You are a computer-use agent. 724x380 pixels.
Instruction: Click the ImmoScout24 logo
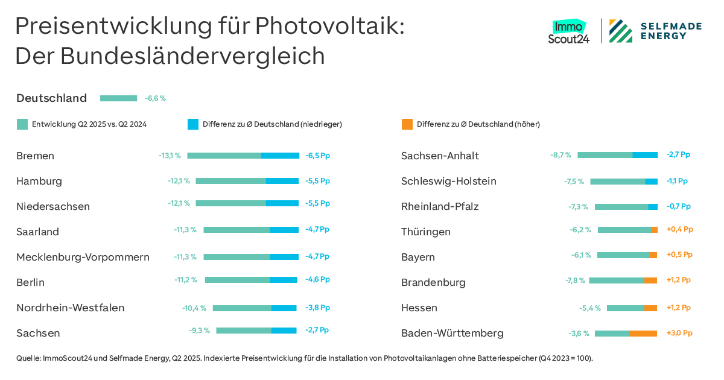[568, 32]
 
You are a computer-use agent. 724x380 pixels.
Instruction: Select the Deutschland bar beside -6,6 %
[118, 98]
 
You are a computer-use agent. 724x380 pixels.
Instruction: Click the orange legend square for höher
[407, 124]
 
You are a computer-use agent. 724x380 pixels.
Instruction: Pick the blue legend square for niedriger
[192, 124]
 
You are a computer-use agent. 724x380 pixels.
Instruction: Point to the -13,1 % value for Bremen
[170, 156]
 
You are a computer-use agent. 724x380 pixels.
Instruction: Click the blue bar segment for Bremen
[280, 156]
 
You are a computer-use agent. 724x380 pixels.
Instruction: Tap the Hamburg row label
[39, 181]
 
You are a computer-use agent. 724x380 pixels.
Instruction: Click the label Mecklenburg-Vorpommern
[83, 257]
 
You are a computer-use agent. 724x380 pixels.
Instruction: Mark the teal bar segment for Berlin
[237, 280]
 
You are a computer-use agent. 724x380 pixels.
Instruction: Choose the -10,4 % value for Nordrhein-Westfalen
[194, 308]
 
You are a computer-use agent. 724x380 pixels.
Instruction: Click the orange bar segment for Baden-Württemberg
[643, 334]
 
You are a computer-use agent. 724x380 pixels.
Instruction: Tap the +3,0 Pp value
[679, 333]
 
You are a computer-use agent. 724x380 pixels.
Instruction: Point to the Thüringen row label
[425, 232]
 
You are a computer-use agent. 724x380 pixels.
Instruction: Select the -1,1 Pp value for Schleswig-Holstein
[677, 181]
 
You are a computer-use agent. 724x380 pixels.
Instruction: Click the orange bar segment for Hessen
[650, 308]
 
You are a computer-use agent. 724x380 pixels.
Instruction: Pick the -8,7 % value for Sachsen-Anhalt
[560, 155]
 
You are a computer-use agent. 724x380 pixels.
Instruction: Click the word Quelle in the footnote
[28, 358]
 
